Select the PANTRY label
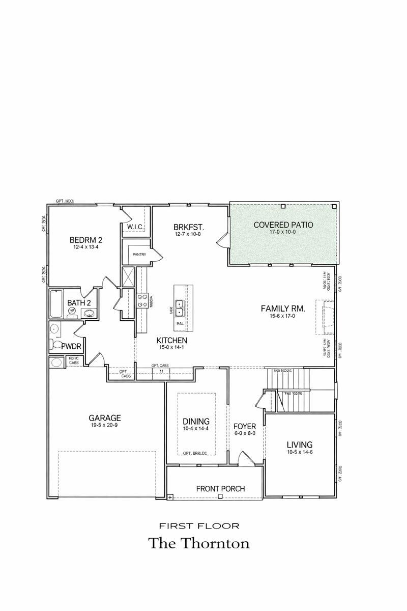tap(139, 254)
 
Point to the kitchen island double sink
tap(180, 308)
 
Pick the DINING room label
tap(196, 421)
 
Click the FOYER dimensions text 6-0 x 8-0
tap(244, 433)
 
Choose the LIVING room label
tap(299, 445)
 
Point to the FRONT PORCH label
tap(220, 489)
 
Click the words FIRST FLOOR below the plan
tap(199, 525)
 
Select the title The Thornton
tap(199, 543)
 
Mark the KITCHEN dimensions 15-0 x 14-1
tap(172, 348)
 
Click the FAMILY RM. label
tap(282, 308)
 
